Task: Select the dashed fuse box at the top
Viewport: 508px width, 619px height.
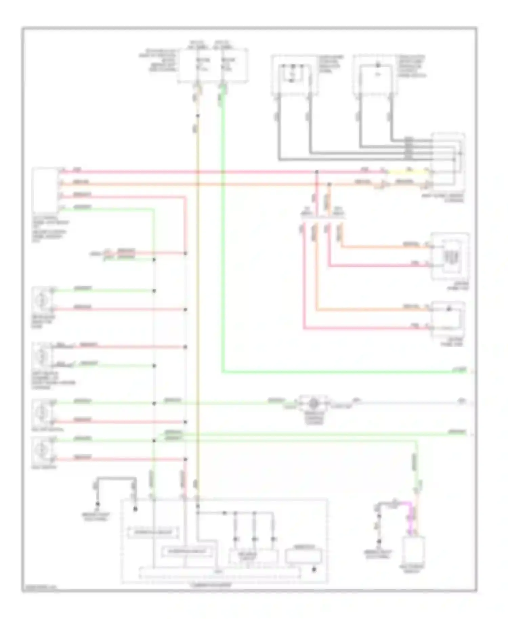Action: pos(213,65)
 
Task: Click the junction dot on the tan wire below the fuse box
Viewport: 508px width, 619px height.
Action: pos(198,116)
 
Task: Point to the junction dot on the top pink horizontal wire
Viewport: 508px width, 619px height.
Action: pos(317,172)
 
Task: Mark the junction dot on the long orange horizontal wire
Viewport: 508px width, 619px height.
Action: pos(330,185)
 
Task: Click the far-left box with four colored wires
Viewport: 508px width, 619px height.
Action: pos(45,191)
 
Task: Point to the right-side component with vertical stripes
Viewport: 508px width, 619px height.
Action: pos(449,256)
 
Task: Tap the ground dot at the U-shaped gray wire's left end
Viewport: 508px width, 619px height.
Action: pos(98,504)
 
